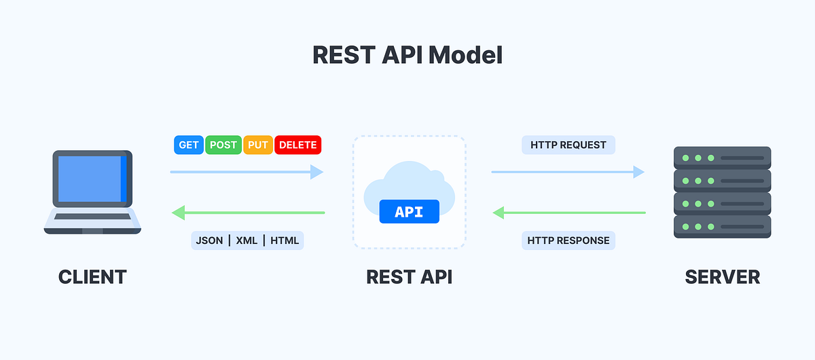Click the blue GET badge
(x=189, y=145)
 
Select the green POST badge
(x=223, y=145)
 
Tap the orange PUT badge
(x=258, y=145)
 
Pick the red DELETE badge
(x=297, y=145)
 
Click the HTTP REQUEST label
(x=568, y=145)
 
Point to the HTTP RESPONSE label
(x=568, y=240)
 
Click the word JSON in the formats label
(x=209, y=240)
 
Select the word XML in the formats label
(x=247, y=240)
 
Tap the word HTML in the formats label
(x=285, y=240)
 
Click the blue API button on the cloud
(x=409, y=211)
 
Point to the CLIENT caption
(x=92, y=277)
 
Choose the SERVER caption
(x=722, y=277)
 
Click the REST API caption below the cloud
(x=409, y=277)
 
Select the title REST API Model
(x=407, y=55)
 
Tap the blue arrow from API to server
(x=568, y=172)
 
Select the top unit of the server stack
(x=722, y=158)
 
